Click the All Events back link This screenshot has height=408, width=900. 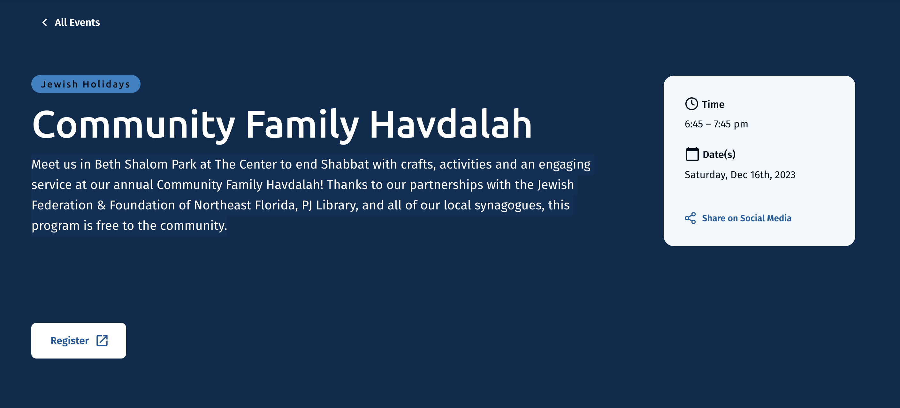pyautogui.click(x=71, y=22)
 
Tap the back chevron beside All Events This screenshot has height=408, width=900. pyautogui.click(x=45, y=22)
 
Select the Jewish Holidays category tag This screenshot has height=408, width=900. pyautogui.click(x=86, y=84)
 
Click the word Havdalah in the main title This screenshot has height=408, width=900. pyautogui.click(x=450, y=124)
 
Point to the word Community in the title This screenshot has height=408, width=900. pyautogui.click(x=133, y=125)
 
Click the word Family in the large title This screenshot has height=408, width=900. pyautogui.click(x=302, y=125)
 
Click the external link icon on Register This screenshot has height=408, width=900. pyautogui.click(x=102, y=340)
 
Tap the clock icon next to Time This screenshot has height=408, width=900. pyautogui.click(x=691, y=104)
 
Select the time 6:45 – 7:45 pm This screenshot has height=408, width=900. pyautogui.click(x=716, y=124)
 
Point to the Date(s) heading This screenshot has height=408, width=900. pyautogui.click(x=719, y=155)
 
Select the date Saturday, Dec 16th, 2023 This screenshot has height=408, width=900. pyautogui.click(x=740, y=175)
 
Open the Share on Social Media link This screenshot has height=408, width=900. pyautogui.click(x=746, y=218)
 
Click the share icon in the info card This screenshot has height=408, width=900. pyautogui.click(x=690, y=218)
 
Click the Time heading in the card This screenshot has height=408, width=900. pyautogui.click(x=713, y=104)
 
